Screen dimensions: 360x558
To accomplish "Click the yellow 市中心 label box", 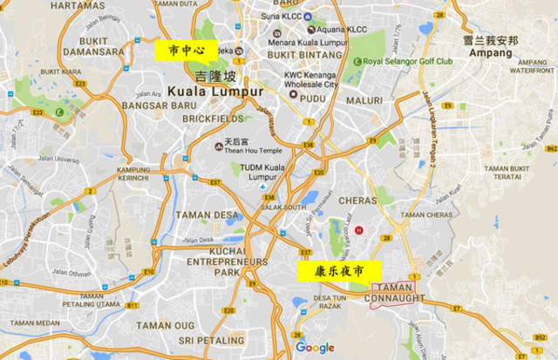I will click(186, 51).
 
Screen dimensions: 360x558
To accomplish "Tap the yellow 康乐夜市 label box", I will click(330, 271).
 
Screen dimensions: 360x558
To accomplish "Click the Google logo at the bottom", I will click(315, 348).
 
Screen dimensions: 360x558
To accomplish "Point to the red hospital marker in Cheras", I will click(357, 231).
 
